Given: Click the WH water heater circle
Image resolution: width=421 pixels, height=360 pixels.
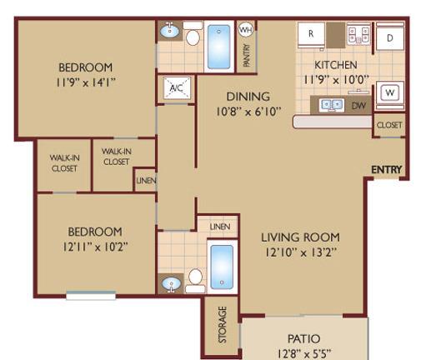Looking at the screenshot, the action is pos(246,29).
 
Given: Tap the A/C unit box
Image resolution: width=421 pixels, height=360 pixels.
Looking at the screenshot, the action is pos(177,87).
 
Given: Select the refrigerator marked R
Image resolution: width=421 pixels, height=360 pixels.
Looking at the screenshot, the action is pos(311,34).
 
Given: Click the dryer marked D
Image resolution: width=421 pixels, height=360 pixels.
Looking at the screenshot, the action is pos(390,37).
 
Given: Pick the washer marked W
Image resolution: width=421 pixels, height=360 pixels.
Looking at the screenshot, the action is pos(390,93).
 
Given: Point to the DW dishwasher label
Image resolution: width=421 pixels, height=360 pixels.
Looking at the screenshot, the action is pos(358,106).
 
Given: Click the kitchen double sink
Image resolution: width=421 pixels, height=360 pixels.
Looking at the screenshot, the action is pos(332,105).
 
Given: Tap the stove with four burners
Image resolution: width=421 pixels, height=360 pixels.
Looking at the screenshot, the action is pos(358,35).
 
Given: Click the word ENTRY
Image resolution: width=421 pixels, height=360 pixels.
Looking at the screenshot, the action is pos(387,169).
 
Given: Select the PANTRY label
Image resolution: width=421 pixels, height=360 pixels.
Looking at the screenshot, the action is pos(247,56).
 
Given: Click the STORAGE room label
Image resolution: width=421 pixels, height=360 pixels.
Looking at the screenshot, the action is pos(223,324).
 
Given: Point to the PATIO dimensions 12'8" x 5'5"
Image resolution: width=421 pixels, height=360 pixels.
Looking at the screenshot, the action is pos(304,354).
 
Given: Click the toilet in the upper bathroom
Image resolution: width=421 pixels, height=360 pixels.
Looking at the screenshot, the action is pos(193,35).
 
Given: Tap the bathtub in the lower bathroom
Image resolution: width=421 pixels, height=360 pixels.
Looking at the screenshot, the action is pos(222,267).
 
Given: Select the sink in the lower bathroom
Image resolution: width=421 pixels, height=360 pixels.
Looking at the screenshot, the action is pos(172,284).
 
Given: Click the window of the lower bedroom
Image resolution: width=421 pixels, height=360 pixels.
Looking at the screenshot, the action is pos(91,295).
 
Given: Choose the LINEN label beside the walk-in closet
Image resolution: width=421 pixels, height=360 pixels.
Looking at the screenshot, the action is pos(146,181).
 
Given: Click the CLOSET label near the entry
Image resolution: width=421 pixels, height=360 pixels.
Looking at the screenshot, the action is pos(389,125).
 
